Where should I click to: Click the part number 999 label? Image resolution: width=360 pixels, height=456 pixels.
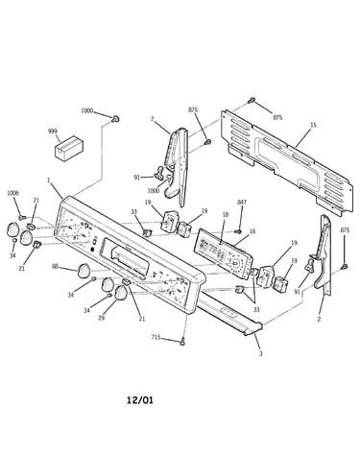tap(53, 132)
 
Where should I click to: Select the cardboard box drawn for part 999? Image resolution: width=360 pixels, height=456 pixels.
tap(69, 148)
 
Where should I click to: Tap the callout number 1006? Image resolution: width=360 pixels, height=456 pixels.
tap(13, 193)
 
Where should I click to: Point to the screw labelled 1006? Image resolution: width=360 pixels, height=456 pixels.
tap(22, 218)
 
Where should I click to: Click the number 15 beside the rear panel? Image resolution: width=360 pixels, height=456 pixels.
tap(313, 125)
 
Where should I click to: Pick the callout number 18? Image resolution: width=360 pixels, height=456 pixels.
tap(226, 214)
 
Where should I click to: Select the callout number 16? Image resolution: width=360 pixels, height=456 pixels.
tap(252, 231)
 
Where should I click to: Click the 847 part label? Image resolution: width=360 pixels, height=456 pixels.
tap(242, 202)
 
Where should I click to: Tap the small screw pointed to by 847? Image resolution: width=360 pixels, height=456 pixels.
tap(238, 231)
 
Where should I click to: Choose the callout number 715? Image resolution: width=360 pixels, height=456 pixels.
tap(156, 337)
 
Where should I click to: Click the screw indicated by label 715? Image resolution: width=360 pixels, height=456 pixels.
tap(182, 341)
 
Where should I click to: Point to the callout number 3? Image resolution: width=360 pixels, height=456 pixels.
tap(261, 354)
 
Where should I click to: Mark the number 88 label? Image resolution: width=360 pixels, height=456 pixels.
tap(56, 266)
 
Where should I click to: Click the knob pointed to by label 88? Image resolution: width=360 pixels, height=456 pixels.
tap(84, 271)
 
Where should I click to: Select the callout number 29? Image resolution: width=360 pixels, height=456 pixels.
tap(102, 319)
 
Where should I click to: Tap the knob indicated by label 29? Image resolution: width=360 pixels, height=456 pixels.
tap(121, 293)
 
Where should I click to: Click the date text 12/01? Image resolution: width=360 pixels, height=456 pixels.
tap(140, 400)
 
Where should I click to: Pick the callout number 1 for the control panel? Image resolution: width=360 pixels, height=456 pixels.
tap(49, 180)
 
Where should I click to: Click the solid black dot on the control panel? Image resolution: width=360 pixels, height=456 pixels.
tap(92, 250)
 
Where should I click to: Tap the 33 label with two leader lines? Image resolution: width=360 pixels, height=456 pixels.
tap(255, 309)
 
